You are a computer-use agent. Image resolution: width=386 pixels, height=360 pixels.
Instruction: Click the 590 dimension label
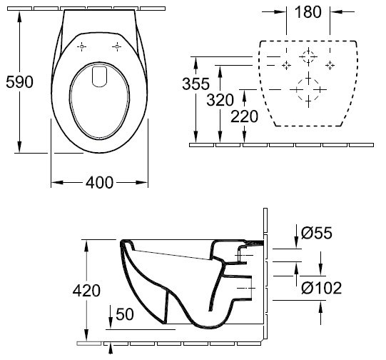click(x=19, y=82)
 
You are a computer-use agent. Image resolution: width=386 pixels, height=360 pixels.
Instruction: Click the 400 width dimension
click(x=99, y=183)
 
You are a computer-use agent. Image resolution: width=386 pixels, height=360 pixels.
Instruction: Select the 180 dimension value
click(x=308, y=12)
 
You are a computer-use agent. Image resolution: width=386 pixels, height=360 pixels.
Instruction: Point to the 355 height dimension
click(x=195, y=84)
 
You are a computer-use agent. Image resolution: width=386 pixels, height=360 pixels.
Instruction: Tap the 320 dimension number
click(x=220, y=100)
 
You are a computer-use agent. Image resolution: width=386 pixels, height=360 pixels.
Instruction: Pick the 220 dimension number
click(x=244, y=116)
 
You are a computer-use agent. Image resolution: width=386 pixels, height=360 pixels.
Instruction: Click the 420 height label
click(x=86, y=291)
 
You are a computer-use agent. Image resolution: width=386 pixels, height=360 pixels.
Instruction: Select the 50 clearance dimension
click(x=125, y=314)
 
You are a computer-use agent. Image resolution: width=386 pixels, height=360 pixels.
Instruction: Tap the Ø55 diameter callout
click(x=317, y=233)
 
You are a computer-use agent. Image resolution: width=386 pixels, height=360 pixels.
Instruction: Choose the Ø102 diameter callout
click(x=322, y=288)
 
